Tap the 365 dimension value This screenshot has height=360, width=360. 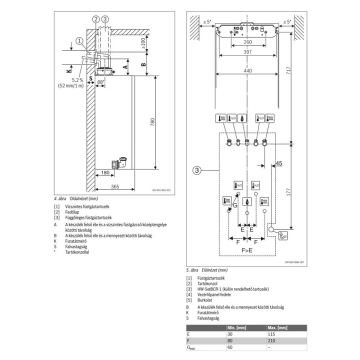[x=114, y=186]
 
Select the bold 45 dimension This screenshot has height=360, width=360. [x=278, y=163]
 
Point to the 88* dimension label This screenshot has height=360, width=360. [x=100, y=82]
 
